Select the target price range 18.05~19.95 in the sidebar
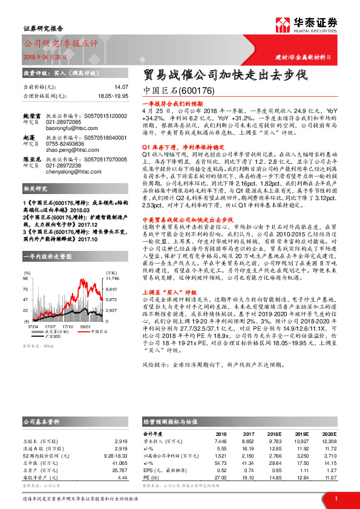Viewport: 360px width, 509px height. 113,96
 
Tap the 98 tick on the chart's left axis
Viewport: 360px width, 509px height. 25,279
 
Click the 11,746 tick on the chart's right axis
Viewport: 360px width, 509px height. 113,279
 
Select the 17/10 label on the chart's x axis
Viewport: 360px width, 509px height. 68,326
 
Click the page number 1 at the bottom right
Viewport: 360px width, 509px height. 335,498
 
